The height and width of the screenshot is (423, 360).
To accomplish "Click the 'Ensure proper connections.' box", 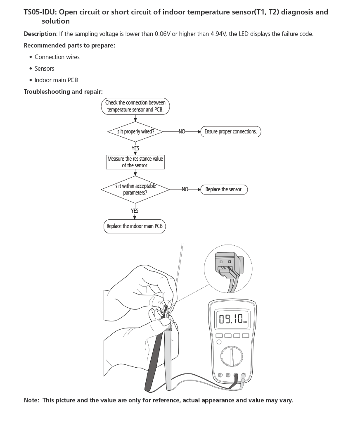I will [x=230, y=132].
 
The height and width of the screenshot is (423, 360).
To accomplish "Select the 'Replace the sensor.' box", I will [x=224, y=190].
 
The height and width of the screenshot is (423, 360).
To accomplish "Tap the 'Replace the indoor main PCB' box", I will [x=135, y=226].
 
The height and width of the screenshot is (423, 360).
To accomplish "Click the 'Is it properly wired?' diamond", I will [x=135, y=132].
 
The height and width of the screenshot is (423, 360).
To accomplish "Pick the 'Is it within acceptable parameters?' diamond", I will [x=135, y=190].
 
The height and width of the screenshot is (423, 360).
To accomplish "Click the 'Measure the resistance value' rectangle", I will [x=135, y=162].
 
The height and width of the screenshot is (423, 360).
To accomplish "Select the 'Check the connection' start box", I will [x=135, y=106].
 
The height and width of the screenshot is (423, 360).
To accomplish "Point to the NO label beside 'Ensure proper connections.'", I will [x=182, y=132].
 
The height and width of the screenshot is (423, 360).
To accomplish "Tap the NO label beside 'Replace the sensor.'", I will [x=185, y=190].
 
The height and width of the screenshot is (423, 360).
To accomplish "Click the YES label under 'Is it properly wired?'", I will [x=135, y=148].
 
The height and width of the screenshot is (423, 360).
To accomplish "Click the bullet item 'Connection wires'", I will [x=57, y=57].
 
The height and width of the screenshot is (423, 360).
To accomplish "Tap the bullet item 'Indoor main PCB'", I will [x=56, y=80].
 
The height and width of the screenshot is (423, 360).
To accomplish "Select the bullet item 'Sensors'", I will [x=44, y=69].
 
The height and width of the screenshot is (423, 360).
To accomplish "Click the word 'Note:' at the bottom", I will [x=32, y=400].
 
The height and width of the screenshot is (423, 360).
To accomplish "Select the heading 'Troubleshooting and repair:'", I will [x=63, y=92].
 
